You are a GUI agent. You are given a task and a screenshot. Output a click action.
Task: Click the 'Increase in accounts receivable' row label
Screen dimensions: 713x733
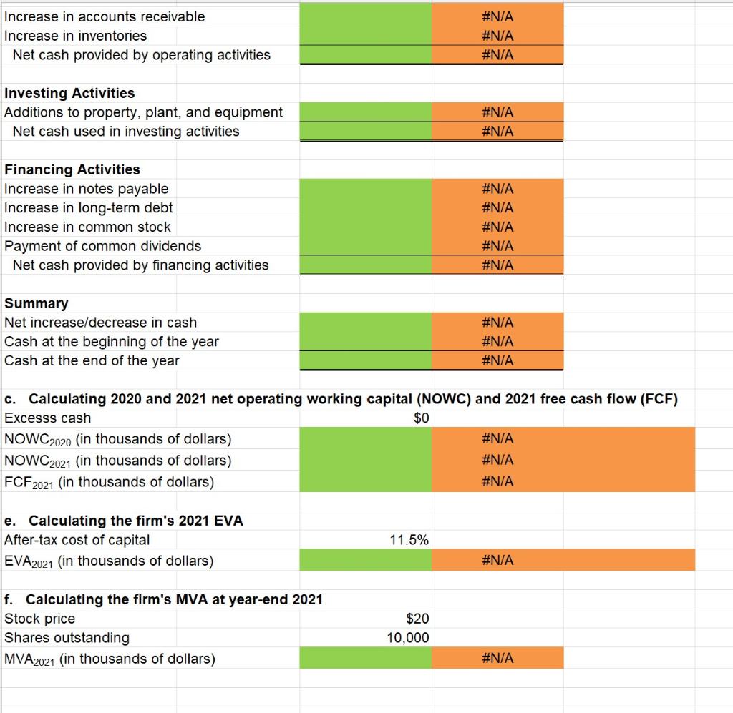click(105, 16)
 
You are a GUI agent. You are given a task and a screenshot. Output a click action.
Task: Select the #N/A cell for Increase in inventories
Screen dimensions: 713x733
click(497, 36)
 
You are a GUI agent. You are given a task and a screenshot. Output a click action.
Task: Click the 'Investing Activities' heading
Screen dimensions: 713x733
click(69, 93)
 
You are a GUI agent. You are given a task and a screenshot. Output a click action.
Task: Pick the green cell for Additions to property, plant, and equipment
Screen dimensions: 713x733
click(365, 112)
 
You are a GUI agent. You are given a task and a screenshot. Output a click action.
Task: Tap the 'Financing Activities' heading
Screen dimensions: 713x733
click(72, 169)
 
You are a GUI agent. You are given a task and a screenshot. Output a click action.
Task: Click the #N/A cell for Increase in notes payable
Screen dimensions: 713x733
click(497, 189)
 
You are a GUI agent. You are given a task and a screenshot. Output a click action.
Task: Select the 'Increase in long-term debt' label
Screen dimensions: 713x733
click(89, 208)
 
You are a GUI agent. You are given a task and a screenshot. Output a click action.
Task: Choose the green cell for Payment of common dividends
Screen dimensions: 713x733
click(365, 246)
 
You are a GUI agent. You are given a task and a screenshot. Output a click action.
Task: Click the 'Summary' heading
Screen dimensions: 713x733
click(37, 303)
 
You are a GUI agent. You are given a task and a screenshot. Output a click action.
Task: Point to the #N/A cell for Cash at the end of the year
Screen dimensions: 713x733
click(497, 360)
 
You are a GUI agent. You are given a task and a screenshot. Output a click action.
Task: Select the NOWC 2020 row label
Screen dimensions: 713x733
click(118, 438)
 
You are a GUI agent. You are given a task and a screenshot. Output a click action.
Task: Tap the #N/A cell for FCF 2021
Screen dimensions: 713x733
click(497, 481)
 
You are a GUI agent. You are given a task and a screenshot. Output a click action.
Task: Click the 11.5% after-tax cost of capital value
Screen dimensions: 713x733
click(409, 540)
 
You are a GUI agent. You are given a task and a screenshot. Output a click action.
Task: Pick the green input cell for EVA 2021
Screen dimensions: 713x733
click(365, 561)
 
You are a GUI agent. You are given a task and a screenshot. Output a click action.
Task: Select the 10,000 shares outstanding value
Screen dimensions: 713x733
click(407, 638)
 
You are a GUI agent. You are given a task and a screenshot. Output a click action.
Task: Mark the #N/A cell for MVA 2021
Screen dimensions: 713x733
click(497, 658)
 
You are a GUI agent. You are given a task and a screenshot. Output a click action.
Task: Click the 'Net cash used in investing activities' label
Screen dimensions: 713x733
click(126, 132)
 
